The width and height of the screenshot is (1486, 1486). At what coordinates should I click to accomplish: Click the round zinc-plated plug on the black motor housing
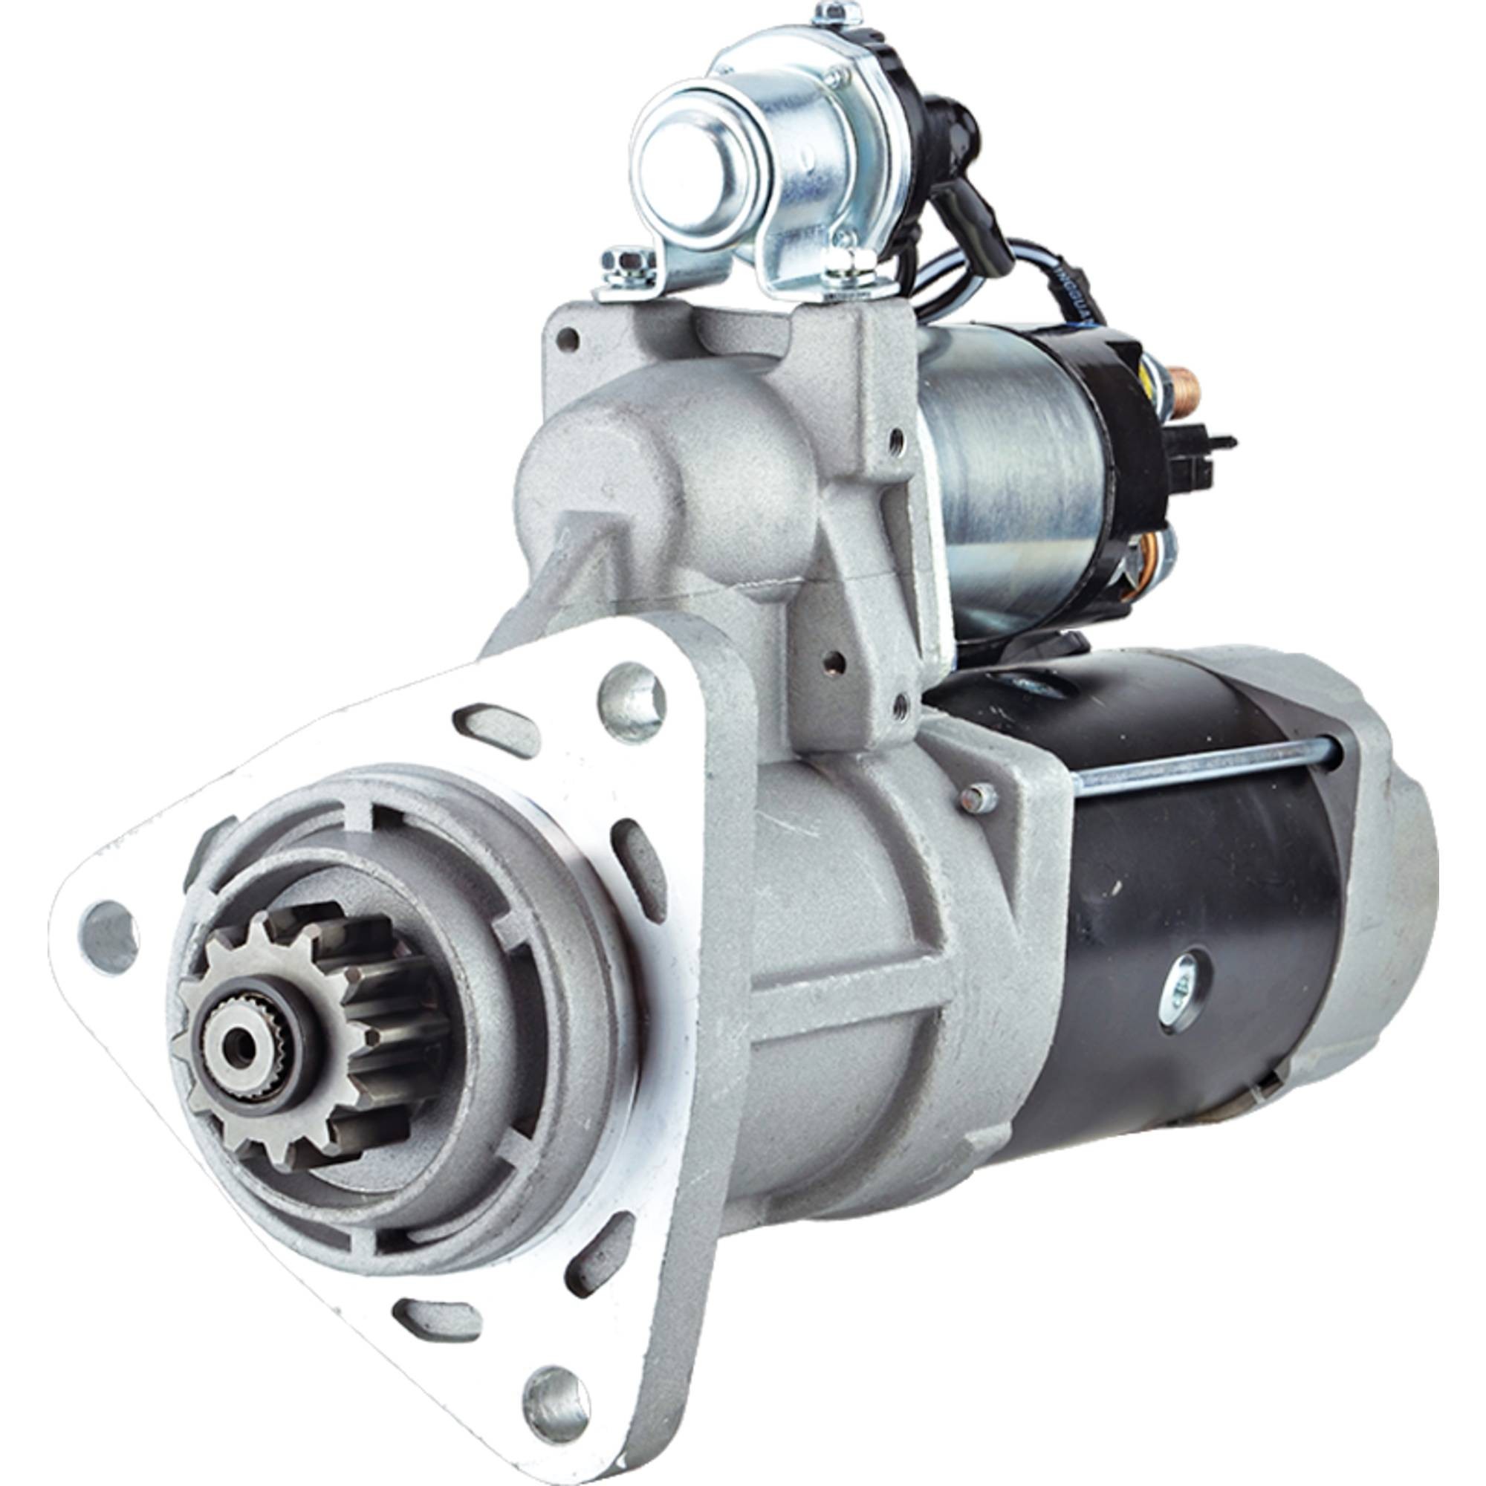click(x=1182, y=993)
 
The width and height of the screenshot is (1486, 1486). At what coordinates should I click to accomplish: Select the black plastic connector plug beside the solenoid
click(x=1200, y=454)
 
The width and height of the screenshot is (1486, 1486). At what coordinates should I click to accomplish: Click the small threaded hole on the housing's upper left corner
click(x=568, y=338)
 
